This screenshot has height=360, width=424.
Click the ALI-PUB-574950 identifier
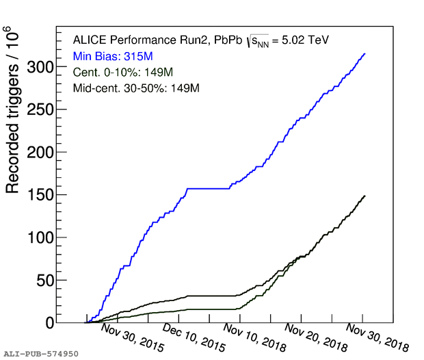[x=41, y=354]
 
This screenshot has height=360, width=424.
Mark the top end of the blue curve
[x=365, y=53]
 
